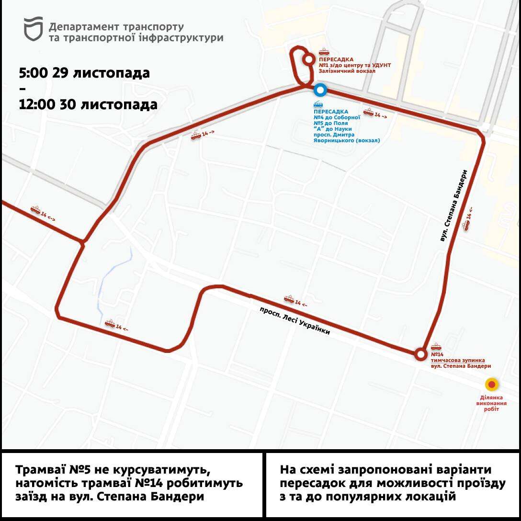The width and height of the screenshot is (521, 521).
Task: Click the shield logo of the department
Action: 34,30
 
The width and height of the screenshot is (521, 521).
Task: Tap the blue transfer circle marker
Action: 320,90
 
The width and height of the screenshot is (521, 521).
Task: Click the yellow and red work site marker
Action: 492,385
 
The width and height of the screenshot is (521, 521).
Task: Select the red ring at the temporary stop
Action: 420,354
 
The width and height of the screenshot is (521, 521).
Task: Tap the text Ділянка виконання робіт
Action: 491,403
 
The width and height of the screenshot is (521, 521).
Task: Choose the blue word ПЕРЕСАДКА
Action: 330,112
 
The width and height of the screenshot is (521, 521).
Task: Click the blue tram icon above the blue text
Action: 317,104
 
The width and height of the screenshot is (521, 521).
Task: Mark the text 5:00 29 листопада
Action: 84,73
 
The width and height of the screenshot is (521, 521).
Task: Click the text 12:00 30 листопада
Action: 88,104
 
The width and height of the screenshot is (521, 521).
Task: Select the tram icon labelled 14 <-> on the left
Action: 35,210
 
